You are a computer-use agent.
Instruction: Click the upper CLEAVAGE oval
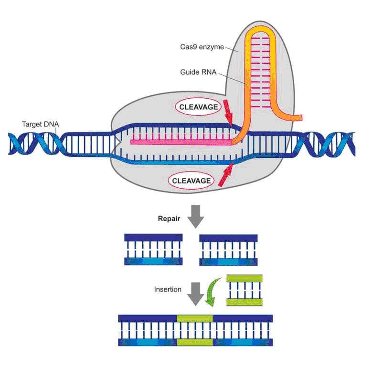coord(199,107)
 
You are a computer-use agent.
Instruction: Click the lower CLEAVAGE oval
coord(191,181)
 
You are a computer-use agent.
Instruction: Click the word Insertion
coord(168,289)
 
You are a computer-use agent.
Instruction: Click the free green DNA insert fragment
coord(244,290)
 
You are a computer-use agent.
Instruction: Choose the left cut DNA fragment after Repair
coord(153,249)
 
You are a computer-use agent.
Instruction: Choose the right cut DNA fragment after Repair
coord(229,249)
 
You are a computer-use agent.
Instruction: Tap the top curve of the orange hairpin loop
coord(261,30)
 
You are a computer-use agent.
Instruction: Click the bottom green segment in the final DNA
coord(195,342)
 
